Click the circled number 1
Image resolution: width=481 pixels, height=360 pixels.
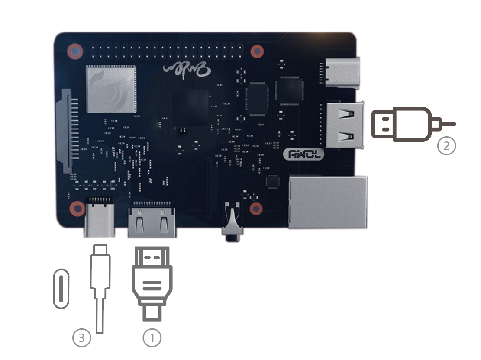tap(152, 338)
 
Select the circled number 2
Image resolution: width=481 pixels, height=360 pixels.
tap(446, 145)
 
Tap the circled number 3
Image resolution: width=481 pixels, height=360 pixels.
tap(82, 338)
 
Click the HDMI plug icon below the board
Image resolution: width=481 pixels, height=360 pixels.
tap(152, 283)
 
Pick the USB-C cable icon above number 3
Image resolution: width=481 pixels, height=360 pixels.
tap(100, 286)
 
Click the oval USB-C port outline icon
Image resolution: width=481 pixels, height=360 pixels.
tap(61, 289)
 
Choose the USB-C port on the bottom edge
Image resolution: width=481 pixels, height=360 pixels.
tap(100, 218)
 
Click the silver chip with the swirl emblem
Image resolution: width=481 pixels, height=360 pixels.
tap(111, 89)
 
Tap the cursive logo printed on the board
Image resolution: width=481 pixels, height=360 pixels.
tap(184, 68)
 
